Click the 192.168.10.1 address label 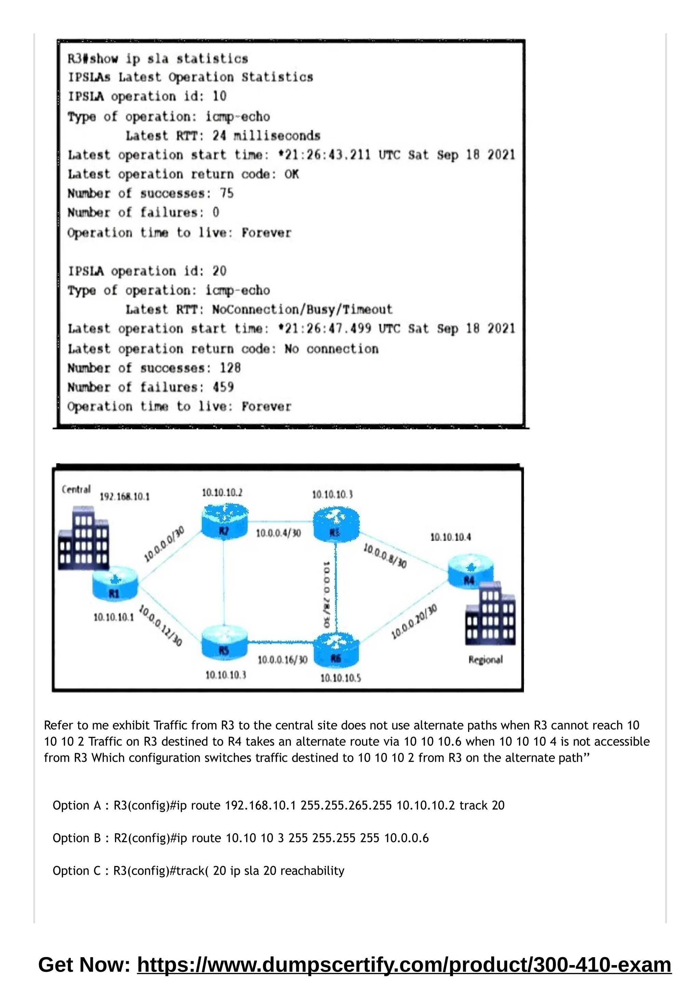coord(125,497)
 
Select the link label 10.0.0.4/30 coord(278,533)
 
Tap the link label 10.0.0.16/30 coord(283,660)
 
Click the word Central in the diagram coord(76,490)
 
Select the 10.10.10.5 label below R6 coord(340,678)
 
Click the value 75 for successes coord(227,193)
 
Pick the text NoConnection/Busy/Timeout coord(302,310)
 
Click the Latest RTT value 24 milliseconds coord(266,136)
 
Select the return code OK coord(292,174)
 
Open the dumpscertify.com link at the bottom coord(404,965)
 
